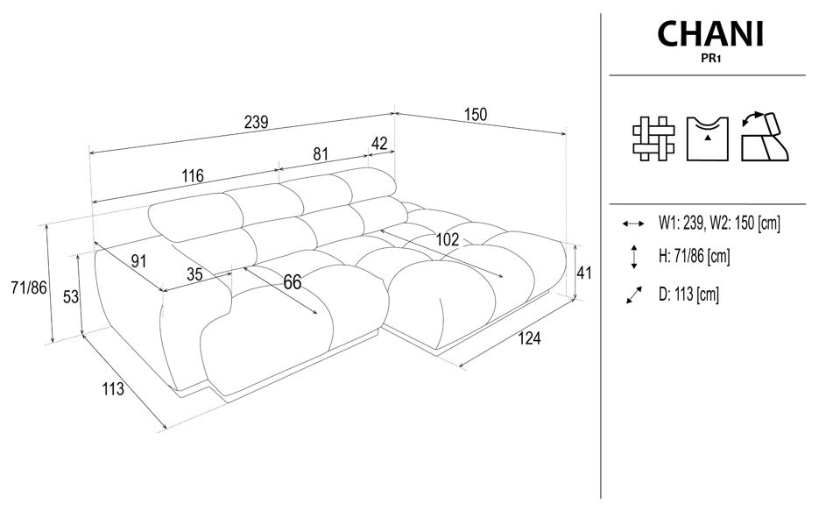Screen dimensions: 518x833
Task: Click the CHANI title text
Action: tap(710, 34)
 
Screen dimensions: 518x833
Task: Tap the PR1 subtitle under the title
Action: tap(710, 60)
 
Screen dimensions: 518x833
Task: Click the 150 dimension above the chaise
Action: tap(475, 114)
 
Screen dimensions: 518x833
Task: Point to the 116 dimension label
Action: tap(193, 176)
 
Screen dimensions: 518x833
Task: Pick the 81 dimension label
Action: tap(321, 153)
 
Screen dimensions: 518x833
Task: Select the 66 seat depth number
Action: tap(292, 281)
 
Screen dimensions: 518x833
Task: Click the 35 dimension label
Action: tap(194, 273)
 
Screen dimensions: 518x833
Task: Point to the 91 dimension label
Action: tap(138, 259)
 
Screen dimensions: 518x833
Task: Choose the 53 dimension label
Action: tap(72, 297)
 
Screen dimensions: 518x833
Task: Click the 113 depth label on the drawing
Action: tap(112, 389)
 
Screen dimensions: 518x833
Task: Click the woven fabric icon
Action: tap(653, 138)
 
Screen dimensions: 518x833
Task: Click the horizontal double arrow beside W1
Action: tap(632, 224)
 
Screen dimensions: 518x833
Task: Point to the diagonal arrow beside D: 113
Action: tap(633, 295)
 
